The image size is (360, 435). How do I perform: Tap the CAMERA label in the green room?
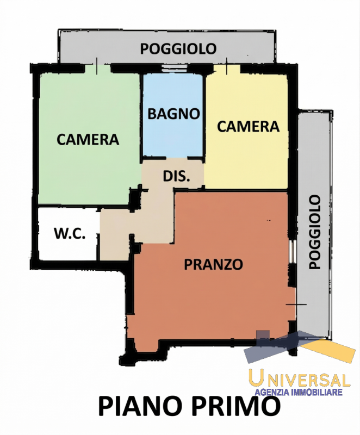pyautogui.click(x=88, y=139)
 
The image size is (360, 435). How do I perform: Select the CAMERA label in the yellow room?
pyautogui.click(x=248, y=127)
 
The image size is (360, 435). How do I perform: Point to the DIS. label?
pyautogui.click(x=176, y=176)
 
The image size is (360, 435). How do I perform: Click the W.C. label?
pyautogui.click(x=69, y=234)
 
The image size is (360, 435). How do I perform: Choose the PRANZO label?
pyautogui.click(x=213, y=265)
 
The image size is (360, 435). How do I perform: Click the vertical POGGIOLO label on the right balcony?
pyautogui.click(x=314, y=232)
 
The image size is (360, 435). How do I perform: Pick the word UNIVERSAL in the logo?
pyautogui.click(x=299, y=379)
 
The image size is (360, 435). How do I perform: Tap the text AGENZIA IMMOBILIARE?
pyautogui.click(x=298, y=392)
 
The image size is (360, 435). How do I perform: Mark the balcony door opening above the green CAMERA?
pyautogui.click(x=96, y=68)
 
